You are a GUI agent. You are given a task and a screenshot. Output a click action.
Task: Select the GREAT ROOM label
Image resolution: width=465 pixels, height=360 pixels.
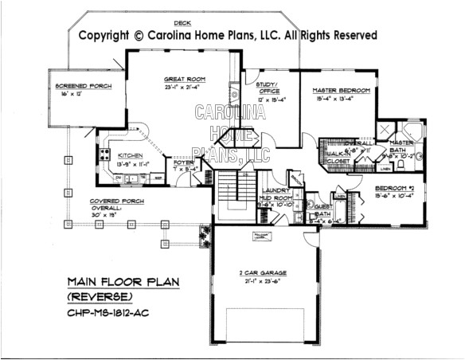tap(186, 80)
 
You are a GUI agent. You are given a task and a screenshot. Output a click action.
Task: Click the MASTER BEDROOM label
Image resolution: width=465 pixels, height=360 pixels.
tap(339, 92)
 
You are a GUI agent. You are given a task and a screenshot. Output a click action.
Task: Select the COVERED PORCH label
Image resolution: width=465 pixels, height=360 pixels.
tap(94, 202)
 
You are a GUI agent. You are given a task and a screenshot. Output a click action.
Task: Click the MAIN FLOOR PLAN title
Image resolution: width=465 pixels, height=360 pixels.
tap(123, 280)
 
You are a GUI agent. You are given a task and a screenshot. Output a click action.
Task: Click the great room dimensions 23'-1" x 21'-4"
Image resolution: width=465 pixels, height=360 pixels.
tap(186, 88)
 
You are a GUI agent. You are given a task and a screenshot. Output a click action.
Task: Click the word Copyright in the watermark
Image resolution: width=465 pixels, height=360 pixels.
tap(104, 36)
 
